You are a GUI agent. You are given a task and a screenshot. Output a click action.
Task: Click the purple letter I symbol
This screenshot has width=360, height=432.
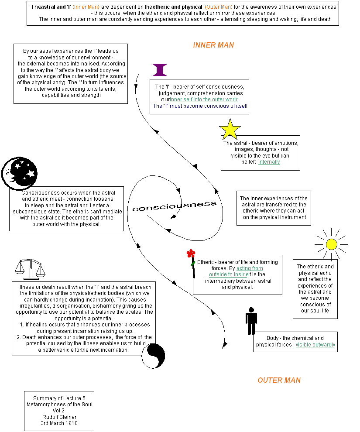(x=160, y=70)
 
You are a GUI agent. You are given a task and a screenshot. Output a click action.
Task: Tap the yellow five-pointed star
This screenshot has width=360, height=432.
(x=230, y=130)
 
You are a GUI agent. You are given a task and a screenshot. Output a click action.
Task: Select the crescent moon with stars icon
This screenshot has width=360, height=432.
(x=19, y=174)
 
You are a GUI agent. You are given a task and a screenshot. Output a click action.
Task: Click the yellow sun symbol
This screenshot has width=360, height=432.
(x=331, y=244)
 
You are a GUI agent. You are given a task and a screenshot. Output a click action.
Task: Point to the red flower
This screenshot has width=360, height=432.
(x=191, y=254)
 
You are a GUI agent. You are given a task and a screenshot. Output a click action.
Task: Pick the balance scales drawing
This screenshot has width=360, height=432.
(x=30, y=269)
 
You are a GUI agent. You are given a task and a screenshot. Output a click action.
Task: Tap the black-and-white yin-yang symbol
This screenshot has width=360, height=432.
(x=154, y=356)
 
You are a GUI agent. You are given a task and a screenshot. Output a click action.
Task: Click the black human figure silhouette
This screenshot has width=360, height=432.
(x=251, y=321)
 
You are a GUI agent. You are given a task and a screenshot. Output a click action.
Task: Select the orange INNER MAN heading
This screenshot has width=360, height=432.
(x=213, y=45)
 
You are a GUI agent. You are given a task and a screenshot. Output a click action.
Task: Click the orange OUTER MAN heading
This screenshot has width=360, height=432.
(x=279, y=380)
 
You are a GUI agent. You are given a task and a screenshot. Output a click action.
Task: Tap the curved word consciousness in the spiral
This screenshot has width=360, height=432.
(x=175, y=206)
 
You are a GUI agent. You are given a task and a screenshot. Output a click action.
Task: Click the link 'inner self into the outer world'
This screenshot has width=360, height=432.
(x=204, y=99)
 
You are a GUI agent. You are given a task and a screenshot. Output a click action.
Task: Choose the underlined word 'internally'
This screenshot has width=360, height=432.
(x=269, y=162)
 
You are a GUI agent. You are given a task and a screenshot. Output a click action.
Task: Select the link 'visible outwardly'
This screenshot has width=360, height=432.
(x=315, y=345)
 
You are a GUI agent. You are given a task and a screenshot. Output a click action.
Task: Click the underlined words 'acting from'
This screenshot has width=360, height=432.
(x=250, y=268)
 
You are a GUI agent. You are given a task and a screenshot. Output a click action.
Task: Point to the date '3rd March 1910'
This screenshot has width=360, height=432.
(x=59, y=423)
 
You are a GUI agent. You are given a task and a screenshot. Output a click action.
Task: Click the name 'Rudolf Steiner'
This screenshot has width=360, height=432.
(x=59, y=417)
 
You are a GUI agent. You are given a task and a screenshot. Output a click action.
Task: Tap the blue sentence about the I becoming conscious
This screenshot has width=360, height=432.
(x=200, y=106)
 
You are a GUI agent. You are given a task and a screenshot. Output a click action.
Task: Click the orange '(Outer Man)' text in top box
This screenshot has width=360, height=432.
(x=219, y=7)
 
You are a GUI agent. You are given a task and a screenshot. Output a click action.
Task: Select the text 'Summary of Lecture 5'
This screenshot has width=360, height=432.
(x=59, y=398)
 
